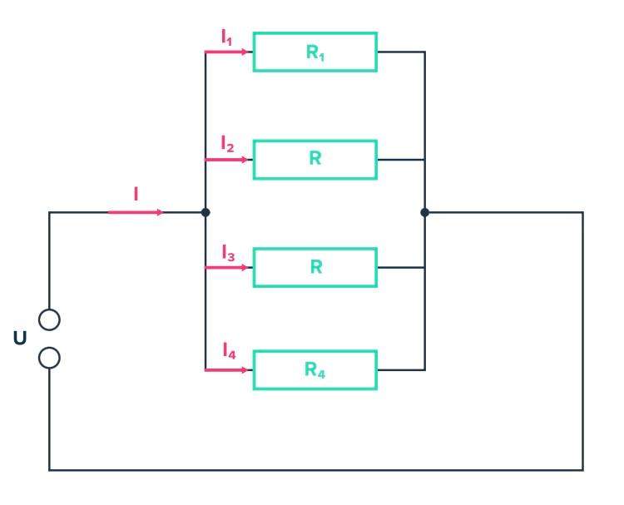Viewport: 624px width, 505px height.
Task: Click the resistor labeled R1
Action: click(314, 52)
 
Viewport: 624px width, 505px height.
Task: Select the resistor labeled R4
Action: click(314, 369)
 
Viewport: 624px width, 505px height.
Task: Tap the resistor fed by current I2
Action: click(314, 159)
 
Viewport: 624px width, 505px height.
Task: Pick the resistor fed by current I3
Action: click(314, 267)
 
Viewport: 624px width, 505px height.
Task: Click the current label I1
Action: click(227, 37)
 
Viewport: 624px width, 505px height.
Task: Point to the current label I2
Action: click(227, 145)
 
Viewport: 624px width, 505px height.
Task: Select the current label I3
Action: click(227, 252)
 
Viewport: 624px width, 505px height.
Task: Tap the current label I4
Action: click(229, 353)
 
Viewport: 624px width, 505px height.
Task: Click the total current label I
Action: click(136, 195)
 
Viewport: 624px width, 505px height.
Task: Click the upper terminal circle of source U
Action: click(49, 319)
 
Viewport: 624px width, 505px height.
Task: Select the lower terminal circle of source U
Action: click(49, 358)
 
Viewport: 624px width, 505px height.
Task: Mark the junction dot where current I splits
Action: click(206, 212)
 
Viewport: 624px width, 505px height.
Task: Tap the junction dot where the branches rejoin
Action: click(424, 212)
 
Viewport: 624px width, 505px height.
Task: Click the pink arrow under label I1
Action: click(226, 52)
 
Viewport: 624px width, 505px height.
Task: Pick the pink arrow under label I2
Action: click(226, 159)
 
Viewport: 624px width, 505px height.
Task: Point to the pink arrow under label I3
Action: click(226, 267)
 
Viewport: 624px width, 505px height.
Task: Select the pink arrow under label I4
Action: click(226, 369)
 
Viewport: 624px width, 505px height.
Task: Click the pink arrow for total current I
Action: click(136, 212)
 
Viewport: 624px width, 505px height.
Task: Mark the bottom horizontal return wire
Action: click(316, 470)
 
